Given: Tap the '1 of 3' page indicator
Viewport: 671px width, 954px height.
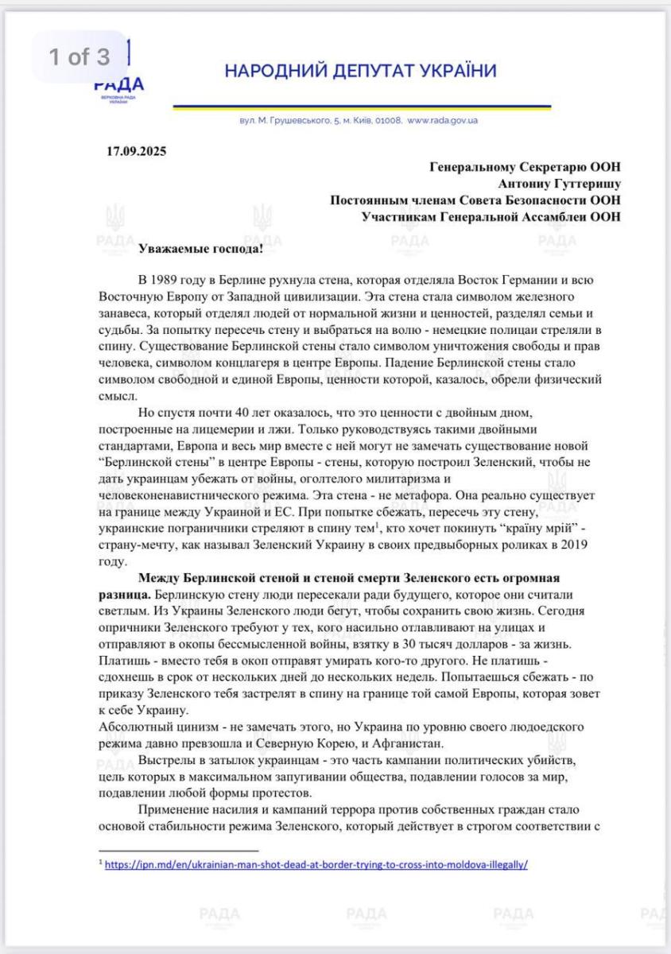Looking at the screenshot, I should (x=80, y=57).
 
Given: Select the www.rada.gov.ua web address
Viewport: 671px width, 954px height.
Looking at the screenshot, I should (x=442, y=121).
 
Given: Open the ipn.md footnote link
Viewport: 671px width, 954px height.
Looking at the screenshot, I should (x=316, y=863).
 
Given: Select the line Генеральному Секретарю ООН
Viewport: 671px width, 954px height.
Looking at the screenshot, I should (x=526, y=166).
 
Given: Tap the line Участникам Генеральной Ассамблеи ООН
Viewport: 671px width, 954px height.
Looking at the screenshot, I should (x=491, y=215).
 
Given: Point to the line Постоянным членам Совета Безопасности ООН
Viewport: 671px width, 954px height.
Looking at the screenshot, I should (x=475, y=200).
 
